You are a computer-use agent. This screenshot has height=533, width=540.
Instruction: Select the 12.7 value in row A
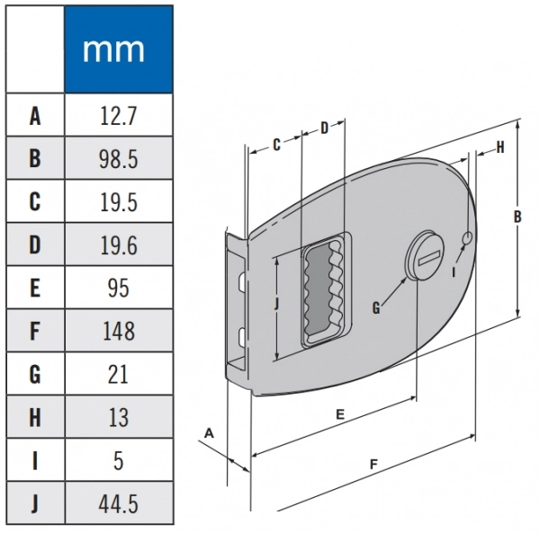pos(118,115)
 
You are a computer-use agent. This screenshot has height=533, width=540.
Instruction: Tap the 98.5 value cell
pos(118,159)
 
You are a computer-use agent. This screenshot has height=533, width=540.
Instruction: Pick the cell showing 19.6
pos(118,245)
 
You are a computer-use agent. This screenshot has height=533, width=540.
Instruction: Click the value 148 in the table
pos(118,332)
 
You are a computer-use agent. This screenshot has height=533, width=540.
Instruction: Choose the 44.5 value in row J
pos(118,504)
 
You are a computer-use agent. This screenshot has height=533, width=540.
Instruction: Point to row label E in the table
pos(35,289)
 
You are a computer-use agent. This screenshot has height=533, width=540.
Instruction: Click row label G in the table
pos(35,375)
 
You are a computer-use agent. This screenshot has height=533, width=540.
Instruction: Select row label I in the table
pos(35,461)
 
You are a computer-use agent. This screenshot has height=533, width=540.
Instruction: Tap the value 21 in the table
pos(118,375)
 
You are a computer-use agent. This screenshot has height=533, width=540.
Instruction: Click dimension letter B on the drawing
pos(517,217)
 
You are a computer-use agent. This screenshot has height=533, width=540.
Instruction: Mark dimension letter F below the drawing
pos(373,464)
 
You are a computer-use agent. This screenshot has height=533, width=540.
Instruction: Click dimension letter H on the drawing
pos(499,147)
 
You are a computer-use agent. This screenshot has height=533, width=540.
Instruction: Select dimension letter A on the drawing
pos(209,433)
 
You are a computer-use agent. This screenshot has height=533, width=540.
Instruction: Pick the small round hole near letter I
pos(468,237)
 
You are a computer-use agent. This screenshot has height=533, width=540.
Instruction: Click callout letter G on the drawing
pos(376,307)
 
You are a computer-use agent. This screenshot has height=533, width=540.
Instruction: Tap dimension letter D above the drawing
pos(325,129)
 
